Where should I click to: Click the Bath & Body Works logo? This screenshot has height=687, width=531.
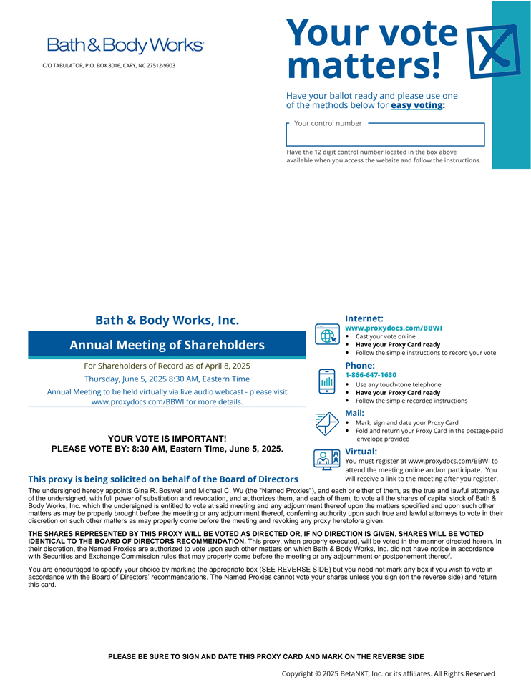(125, 45)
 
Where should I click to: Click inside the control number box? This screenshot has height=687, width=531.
(385, 135)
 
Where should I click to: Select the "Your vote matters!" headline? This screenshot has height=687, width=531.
(371, 49)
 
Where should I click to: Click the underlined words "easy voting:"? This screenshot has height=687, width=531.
(418, 105)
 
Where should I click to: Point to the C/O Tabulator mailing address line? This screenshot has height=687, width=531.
(109, 66)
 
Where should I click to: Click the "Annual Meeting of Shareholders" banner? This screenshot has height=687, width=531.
(167, 345)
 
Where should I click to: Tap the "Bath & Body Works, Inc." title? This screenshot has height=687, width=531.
(167, 320)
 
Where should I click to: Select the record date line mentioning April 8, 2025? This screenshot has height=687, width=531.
(167, 366)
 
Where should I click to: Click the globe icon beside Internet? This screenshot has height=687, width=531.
(327, 335)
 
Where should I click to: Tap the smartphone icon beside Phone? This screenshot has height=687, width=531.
(327, 381)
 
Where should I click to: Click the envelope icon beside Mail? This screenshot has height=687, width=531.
(327, 423)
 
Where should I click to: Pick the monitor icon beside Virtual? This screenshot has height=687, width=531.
(327, 459)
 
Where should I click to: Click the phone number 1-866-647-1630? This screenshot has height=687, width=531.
(371, 375)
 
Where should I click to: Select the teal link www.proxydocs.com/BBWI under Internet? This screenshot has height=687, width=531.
(394, 328)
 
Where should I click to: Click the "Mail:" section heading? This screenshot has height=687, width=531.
(355, 413)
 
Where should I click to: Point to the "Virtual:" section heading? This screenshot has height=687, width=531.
(361, 452)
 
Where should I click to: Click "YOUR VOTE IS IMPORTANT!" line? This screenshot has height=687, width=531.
(167, 438)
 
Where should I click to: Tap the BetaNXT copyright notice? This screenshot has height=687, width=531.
(388, 673)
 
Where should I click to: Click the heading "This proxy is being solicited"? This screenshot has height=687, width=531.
(163, 479)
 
